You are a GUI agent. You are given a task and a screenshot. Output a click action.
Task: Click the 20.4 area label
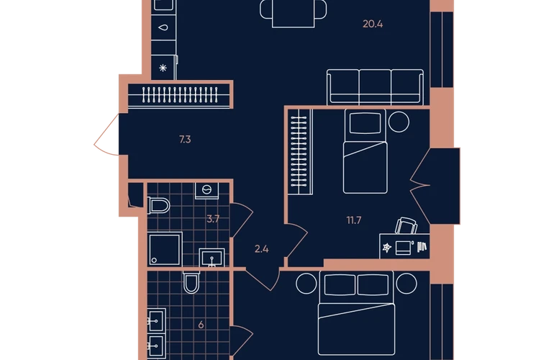[373, 24]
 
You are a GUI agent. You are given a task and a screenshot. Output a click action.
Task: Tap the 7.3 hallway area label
[185, 140]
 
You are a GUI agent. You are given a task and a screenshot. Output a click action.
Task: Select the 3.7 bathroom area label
[213, 219]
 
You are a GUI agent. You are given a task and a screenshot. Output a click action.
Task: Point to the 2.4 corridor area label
[261, 249]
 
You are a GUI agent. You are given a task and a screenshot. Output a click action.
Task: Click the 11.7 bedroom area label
[354, 220]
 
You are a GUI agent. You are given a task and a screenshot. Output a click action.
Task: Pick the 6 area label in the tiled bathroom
[201, 325]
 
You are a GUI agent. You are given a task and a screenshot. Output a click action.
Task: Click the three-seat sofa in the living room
[375, 87]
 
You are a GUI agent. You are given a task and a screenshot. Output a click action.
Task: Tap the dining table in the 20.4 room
[294, 13]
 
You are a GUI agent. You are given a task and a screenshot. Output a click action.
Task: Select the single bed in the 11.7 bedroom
[365, 151]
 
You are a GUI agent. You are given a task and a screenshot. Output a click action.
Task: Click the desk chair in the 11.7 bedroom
[406, 226]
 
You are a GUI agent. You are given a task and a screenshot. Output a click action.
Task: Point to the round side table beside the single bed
[399, 122]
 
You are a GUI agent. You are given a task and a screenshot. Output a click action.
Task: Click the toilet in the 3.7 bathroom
[158, 205]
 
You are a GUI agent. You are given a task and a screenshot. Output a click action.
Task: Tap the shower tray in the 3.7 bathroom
[165, 249]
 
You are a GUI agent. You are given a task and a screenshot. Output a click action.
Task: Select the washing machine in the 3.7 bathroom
[207, 190]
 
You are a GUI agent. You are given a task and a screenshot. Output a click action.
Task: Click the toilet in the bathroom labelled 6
[191, 282]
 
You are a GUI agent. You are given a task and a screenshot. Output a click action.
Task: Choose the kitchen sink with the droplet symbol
[163, 27]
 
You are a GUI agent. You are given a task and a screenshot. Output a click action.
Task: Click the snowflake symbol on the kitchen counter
[163, 68]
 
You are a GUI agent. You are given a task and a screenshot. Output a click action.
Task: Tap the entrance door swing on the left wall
[106, 135]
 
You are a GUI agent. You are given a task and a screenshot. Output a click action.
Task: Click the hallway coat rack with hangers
[180, 95]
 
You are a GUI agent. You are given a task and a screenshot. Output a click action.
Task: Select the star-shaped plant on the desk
[387, 248]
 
